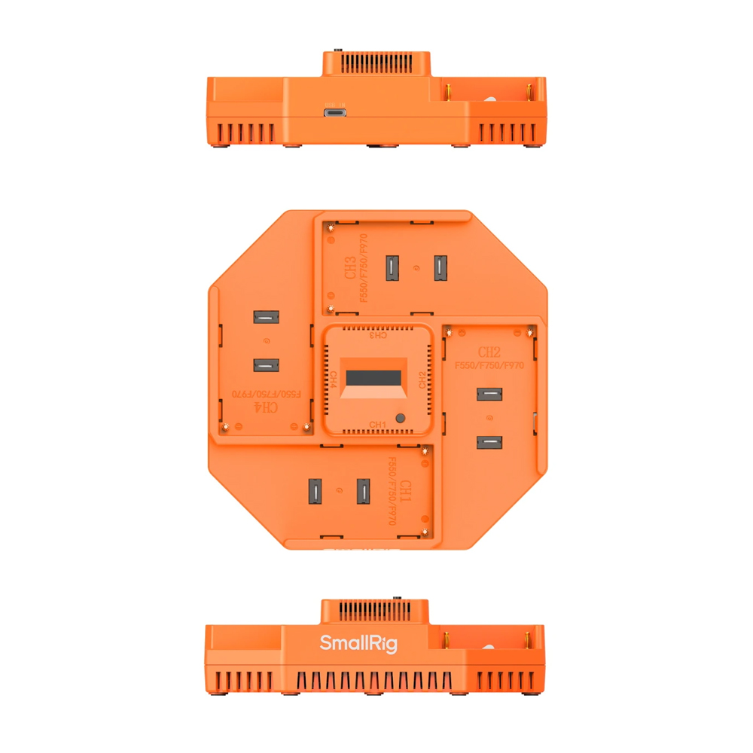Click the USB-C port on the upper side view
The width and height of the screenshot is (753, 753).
click(335, 112)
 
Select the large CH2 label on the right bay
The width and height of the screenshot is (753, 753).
click(489, 352)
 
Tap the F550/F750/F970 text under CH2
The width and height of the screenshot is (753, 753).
click(489, 365)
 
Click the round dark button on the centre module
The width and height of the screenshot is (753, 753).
click(401, 418)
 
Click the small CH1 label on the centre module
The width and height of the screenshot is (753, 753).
click(377, 425)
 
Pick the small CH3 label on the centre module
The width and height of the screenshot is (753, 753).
click(376, 335)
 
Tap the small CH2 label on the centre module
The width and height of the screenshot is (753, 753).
click(422, 379)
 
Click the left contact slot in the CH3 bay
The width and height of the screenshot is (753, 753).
click(392, 268)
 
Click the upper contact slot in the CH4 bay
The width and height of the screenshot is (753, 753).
click(266, 319)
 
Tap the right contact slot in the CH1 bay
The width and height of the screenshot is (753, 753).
click(364, 491)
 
